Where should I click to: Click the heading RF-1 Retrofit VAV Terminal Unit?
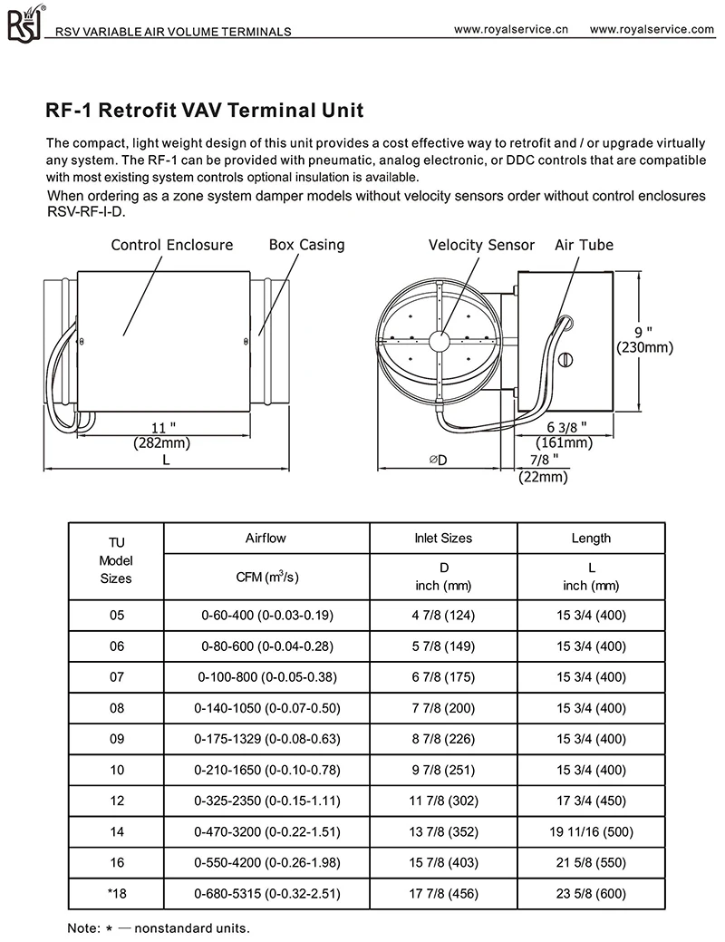(204, 112)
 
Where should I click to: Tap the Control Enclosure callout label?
(172, 245)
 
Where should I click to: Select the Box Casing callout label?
(306, 245)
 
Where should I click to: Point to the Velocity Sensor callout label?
(481, 245)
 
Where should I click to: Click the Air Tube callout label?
(584, 245)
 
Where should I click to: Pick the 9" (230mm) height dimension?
(644, 339)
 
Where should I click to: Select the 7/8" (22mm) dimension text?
(544, 468)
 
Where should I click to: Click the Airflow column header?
(266, 538)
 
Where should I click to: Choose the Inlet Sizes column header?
(443, 538)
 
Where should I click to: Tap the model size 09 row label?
(116, 738)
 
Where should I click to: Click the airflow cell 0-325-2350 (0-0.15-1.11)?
(266, 801)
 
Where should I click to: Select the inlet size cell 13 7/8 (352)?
(443, 831)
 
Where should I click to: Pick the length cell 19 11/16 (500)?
(591, 831)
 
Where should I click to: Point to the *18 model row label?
(116, 893)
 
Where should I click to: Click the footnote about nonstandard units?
(158, 928)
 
